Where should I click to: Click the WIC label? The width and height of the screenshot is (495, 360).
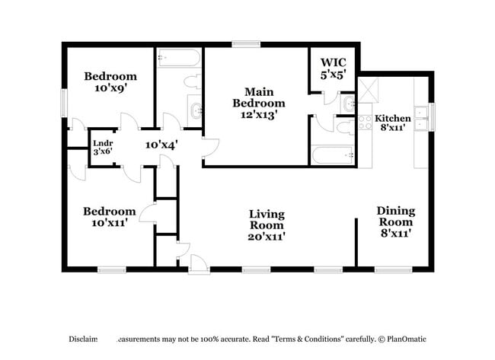[333, 62]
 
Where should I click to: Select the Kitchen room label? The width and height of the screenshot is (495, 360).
[393, 119]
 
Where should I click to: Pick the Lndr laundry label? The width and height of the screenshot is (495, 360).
[103, 142]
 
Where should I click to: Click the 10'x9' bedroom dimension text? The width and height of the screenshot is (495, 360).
[110, 88]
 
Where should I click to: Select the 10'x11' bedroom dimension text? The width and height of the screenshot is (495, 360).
[110, 223]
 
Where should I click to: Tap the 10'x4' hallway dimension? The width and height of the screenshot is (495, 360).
[161, 145]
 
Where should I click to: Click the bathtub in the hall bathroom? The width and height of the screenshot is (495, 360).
[179, 59]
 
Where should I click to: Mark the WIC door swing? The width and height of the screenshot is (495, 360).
[329, 97]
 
